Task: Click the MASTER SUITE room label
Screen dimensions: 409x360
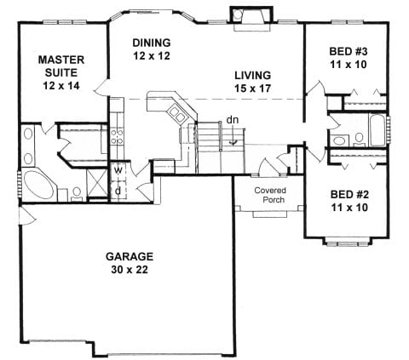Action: tap(61, 66)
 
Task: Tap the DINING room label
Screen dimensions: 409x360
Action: tap(152, 43)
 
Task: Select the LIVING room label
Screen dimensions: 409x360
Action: tap(253, 76)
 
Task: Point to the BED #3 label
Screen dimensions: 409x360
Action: tap(349, 52)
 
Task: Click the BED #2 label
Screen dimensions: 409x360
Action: tap(349, 195)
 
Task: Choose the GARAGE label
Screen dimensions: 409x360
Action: tap(130, 256)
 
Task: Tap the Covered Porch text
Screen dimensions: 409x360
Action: tap(270, 195)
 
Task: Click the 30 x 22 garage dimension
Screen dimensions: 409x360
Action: tap(130, 270)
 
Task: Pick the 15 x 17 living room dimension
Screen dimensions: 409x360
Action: tap(253, 89)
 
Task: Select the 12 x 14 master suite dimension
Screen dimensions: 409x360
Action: tap(61, 86)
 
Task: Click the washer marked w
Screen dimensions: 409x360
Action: tap(118, 171)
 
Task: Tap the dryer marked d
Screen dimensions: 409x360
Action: tap(118, 191)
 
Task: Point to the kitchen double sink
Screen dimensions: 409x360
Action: tap(177, 113)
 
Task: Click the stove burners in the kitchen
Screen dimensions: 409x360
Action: tap(117, 137)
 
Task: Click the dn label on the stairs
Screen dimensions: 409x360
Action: tap(233, 120)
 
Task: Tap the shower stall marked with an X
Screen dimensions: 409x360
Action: tap(97, 182)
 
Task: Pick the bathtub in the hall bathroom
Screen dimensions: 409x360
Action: tap(377, 130)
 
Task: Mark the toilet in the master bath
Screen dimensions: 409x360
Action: tap(77, 194)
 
